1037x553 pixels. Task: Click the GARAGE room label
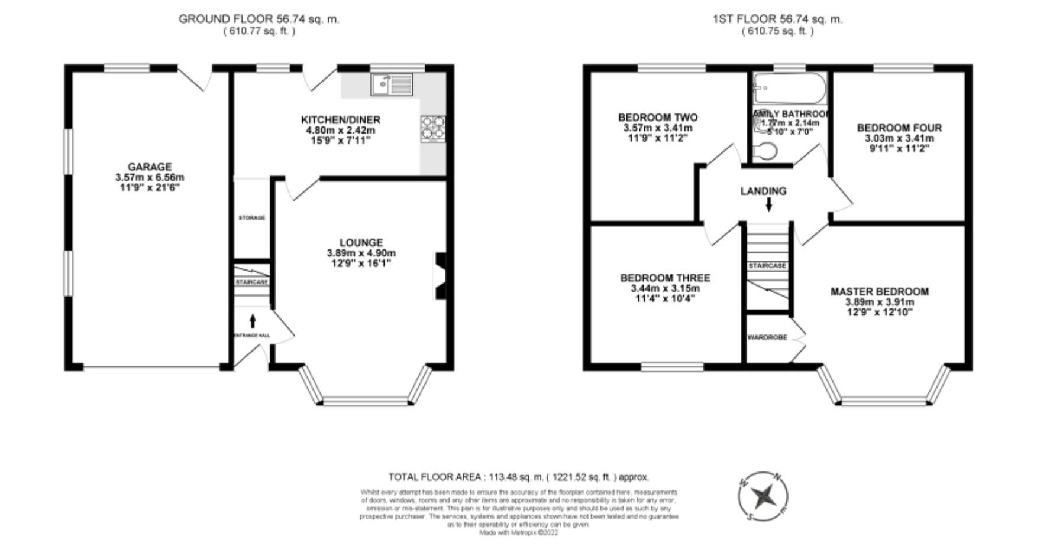pyautogui.click(x=150, y=167)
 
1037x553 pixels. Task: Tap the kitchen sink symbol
pyautogui.click(x=392, y=84)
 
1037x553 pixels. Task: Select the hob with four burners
pyautogui.click(x=433, y=129)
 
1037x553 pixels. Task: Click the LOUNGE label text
pyautogui.click(x=361, y=242)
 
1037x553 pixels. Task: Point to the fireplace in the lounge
pyautogui.click(x=441, y=276)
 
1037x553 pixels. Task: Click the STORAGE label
pyautogui.click(x=251, y=218)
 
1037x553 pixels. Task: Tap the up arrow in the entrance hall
pyautogui.click(x=253, y=321)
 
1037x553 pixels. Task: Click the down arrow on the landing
pyautogui.click(x=768, y=204)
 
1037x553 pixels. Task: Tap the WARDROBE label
pyautogui.click(x=767, y=337)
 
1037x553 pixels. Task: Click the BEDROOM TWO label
pyautogui.click(x=657, y=117)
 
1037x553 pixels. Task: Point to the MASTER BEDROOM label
pyautogui.click(x=879, y=291)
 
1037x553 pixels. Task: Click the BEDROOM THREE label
pyautogui.click(x=665, y=278)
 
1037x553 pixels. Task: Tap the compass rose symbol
pyautogui.click(x=764, y=496)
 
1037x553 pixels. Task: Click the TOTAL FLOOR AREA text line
pyautogui.click(x=518, y=477)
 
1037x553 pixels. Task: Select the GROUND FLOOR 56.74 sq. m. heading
pyautogui.click(x=259, y=19)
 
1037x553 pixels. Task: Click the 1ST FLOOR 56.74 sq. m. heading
pyautogui.click(x=777, y=19)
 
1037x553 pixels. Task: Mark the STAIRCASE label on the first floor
pyautogui.click(x=767, y=266)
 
